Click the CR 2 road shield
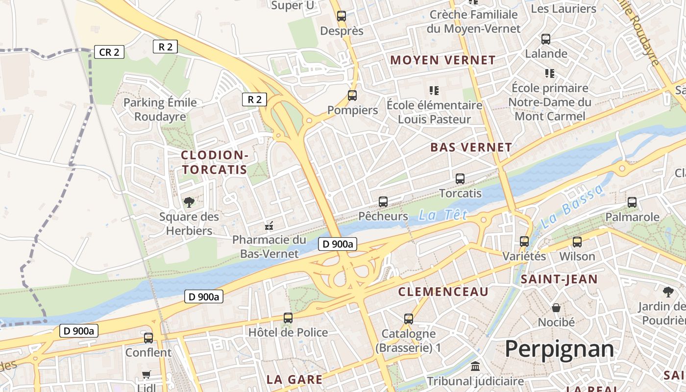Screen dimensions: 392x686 (x=109, y=52)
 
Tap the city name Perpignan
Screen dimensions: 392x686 (x=559, y=349)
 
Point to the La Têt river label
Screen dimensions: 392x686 (x=443, y=215)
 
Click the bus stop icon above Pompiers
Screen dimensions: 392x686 (x=352, y=96)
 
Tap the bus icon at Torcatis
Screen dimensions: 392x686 (x=460, y=179)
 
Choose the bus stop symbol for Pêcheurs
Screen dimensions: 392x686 (x=383, y=201)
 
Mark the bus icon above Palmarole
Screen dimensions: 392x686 (x=632, y=202)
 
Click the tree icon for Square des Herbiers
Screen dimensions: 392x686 (x=189, y=202)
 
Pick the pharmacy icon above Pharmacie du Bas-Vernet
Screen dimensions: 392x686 (x=269, y=226)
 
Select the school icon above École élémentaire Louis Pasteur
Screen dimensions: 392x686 (x=434, y=90)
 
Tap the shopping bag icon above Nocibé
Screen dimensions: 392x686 (x=556, y=308)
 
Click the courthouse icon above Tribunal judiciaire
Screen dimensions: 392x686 (x=475, y=366)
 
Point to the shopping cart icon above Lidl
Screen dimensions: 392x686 (x=146, y=375)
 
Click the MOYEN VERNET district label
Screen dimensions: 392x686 (x=443, y=60)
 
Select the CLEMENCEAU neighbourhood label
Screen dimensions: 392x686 (x=443, y=292)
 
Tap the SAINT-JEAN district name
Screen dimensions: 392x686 (x=559, y=279)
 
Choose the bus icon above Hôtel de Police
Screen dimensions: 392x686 (x=288, y=318)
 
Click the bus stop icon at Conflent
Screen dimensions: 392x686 (x=148, y=338)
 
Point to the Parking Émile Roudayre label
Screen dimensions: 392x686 (x=160, y=109)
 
